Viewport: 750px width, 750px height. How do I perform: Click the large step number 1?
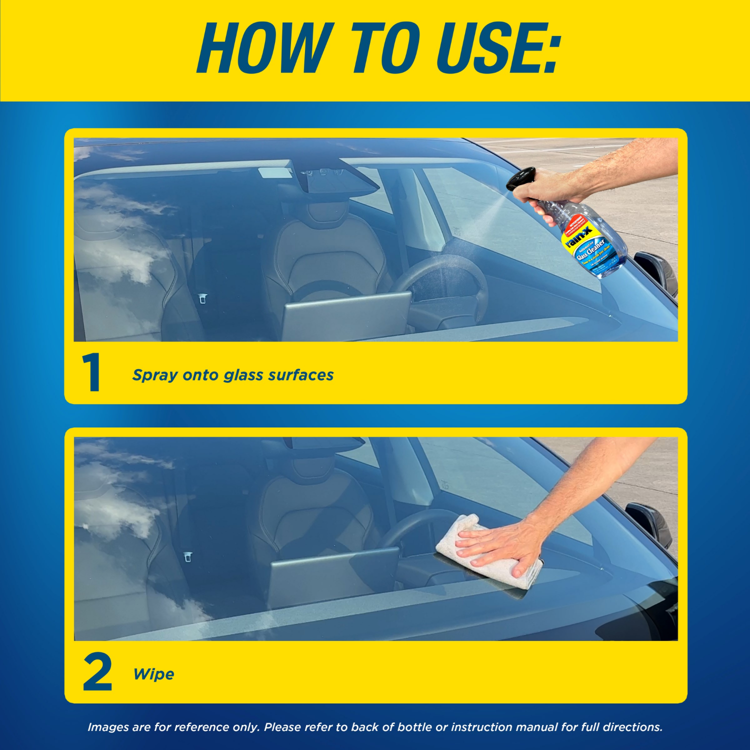[x=92, y=372]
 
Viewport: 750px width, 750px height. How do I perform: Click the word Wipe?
[x=153, y=674]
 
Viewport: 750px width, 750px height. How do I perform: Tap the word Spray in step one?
[x=154, y=375]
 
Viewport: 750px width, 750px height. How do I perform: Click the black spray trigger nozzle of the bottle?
[x=520, y=178]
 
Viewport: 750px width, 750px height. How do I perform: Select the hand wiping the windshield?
[x=500, y=545]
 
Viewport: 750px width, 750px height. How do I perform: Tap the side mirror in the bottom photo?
[x=650, y=522]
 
